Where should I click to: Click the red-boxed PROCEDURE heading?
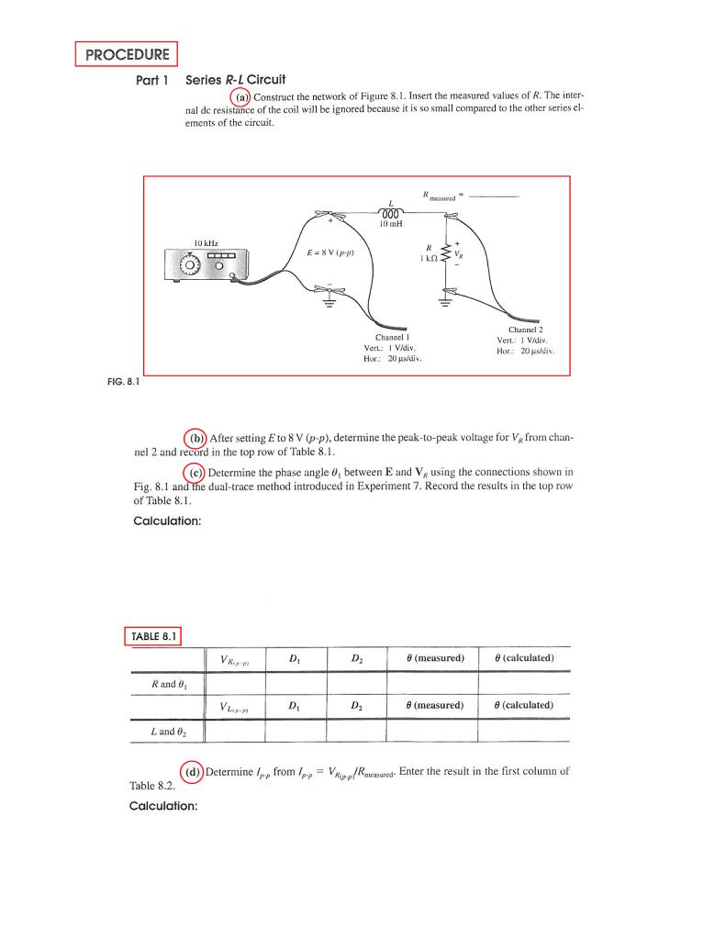point(126,54)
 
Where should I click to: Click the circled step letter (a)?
point(240,97)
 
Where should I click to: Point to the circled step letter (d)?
point(194,771)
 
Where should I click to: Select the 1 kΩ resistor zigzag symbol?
point(448,253)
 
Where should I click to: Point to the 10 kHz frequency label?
point(205,242)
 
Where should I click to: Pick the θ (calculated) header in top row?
point(524,658)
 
